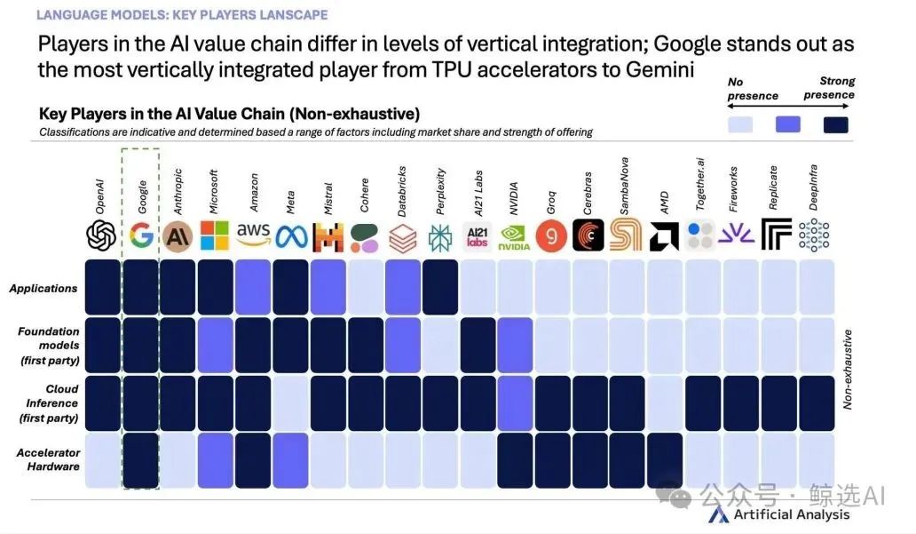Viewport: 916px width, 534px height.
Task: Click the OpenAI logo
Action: [x=102, y=235]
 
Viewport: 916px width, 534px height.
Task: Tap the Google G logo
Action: [x=140, y=235]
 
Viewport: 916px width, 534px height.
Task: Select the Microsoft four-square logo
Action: [x=215, y=235]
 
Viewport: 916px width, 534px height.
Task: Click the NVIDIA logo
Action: [x=515, y=235]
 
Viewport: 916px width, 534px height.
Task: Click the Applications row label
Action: [x=43, y=288]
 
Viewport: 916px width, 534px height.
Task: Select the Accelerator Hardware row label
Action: [x=48, y=459]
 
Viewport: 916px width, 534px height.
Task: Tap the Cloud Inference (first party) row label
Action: [x=50, y=402]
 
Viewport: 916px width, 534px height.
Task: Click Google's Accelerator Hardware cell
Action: [x=140, y=460]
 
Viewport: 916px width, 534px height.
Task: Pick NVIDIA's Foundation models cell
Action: [x=515, y=345]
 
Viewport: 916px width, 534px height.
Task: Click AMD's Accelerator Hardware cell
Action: [x=665, y=460]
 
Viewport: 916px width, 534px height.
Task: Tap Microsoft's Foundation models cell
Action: [x=215, y=345]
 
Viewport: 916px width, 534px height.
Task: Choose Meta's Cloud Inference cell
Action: [x=290, y=402]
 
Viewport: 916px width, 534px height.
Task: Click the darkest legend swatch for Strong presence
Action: [x=835, y=124]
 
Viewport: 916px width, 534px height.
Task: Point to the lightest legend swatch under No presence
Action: [x=739, y=124]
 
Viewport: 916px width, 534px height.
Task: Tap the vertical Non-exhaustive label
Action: [x=848, y=368]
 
